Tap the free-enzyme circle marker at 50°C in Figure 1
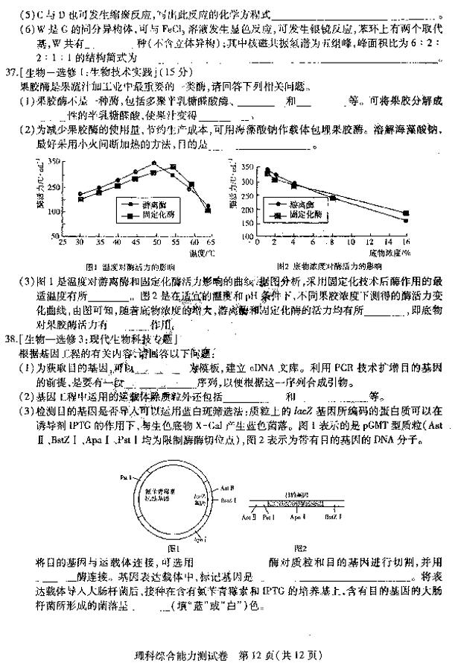(153, 163)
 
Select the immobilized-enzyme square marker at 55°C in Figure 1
(173, 167)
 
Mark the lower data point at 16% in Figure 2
(406, 220)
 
